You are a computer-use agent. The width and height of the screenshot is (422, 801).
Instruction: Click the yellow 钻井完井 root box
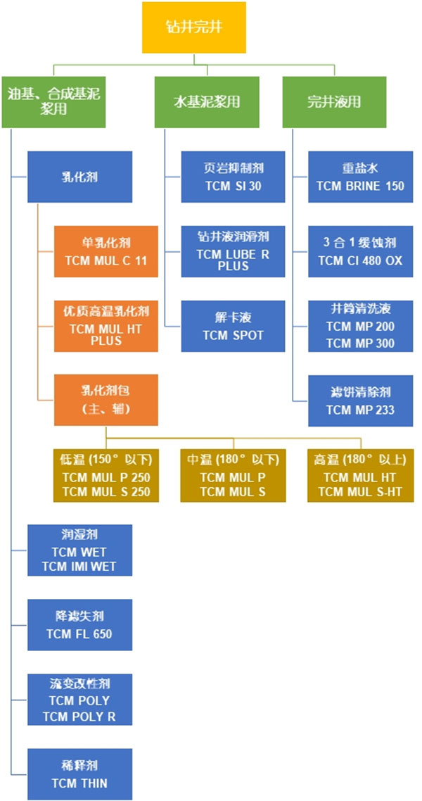pos(194,27)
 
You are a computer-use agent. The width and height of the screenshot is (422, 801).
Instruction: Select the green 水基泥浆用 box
pos(207,101)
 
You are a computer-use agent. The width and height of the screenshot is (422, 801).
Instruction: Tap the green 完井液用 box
pos(333,101)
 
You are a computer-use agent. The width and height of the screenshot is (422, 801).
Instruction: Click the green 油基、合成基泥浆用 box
pos(53,101)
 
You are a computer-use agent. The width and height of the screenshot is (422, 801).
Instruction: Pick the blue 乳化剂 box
pos(79,177)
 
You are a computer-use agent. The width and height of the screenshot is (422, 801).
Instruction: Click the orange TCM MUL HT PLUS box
pos(105,326)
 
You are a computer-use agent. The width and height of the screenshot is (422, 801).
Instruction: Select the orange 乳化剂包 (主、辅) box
pos(105,400)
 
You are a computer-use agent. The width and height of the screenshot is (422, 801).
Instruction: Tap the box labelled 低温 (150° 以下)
pos(106,476)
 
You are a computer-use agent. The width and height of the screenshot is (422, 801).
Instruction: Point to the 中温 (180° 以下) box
pos(233,476)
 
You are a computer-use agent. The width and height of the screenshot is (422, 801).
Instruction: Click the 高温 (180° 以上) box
pos(359,476)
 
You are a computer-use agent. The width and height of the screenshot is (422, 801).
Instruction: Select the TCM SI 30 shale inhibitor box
pos(233,177)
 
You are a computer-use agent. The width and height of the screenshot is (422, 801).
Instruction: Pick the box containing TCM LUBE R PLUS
pos(233,251)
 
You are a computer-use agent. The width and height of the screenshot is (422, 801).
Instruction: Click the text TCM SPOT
pos(233,335)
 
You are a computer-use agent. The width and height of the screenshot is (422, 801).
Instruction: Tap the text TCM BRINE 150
pos(359,186)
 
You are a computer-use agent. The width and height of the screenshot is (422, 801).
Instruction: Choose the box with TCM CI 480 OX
pos(359,251)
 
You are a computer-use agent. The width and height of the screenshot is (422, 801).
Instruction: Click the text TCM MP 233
pos(359,410)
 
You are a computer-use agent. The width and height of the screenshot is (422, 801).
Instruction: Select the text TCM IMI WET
pos(79,566)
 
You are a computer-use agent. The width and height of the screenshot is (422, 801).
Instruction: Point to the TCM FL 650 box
pos(79,624)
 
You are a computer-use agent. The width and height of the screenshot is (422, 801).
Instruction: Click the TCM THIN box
pos(79,774)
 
